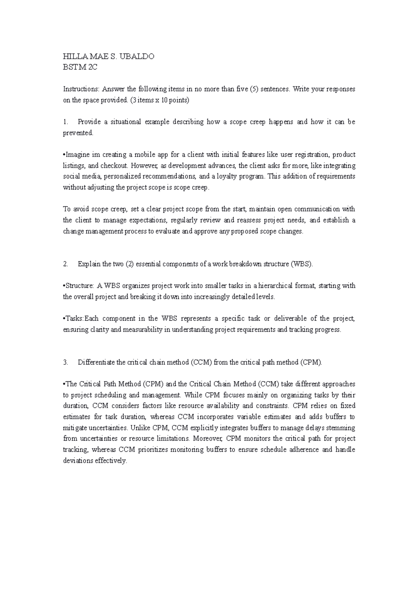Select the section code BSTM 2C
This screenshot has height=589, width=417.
coord(80,67)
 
